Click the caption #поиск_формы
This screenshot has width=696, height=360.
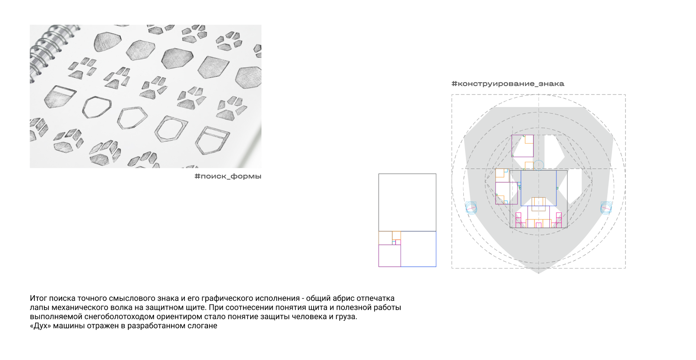228,176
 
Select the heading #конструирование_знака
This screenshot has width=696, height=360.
508,84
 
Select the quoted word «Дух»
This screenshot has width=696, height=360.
40,326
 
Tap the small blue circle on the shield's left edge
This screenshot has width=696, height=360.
471,208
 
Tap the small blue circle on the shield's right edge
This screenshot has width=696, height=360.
606,208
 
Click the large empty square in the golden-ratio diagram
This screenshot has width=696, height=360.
407,202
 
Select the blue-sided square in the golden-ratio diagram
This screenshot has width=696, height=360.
418,249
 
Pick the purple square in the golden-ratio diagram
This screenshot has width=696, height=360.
390,256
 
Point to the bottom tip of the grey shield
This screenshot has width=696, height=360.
539,273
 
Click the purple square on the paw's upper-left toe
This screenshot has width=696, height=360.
522,146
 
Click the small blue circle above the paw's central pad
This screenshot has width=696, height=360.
539,165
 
